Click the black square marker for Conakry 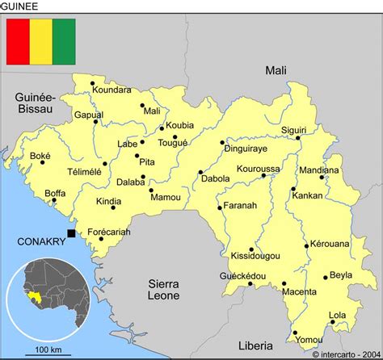71,233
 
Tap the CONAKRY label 39,241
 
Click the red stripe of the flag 18,41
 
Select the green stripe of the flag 64,41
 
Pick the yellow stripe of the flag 40,41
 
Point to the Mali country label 276,71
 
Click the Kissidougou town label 252,256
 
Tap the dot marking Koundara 93,83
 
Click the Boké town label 40,156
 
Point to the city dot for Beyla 326,278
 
